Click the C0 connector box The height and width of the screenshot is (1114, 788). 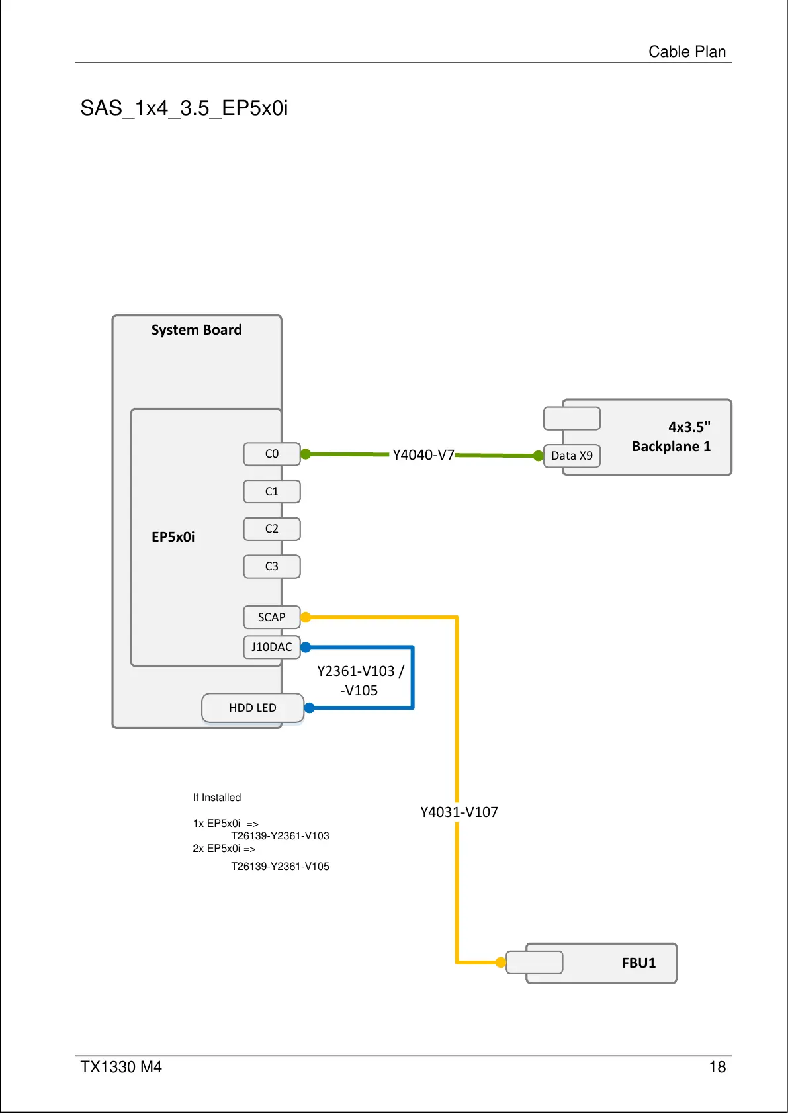(x=272, y=454)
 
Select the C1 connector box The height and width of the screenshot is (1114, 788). (x=272, y=492)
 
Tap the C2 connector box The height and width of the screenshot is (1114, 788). (x=272, y=529)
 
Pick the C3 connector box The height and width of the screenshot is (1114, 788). (x=272, y=566)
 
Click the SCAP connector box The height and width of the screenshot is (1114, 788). (x=272, y=617)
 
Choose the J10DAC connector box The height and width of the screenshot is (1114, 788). (x=272, y=647)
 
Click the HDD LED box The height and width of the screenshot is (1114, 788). (x=253, y=708)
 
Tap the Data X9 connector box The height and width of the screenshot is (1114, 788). (x=572, y=456)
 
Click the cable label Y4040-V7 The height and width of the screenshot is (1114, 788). (x=423, y=455)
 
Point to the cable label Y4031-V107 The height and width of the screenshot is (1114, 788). (x=459, y=812)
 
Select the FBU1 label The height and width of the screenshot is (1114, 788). (x=638, y=963)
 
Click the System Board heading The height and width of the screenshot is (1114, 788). (x=197, y=329)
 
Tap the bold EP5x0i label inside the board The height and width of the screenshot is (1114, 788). (x=173, y=537)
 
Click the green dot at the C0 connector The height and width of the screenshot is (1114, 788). (x=306, y=454)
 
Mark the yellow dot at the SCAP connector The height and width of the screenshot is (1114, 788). (x=306, y=617)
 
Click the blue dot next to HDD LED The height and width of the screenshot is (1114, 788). (x=309, y=708)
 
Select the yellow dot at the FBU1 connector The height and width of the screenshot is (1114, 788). (x=501, y=963)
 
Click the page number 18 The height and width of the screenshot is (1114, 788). (x=717, y=1067)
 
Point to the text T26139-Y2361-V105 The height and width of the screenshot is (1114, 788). (x=280, y=867)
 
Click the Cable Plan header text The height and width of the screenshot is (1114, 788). (x=687, y=51)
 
